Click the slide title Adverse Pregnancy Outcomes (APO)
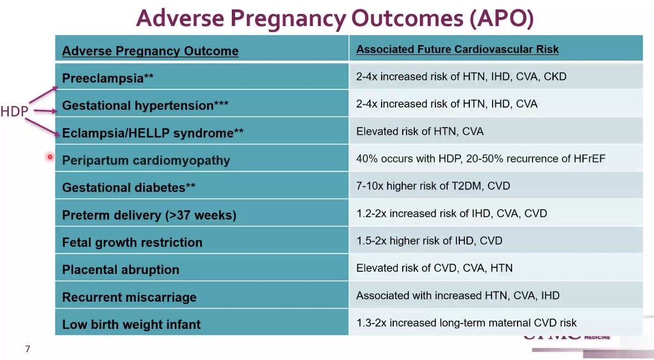tap(334, 19)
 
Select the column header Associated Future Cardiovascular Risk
tap(457, 49)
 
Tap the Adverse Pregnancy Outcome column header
tap(150, 51)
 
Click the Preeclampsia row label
tap(108, 78)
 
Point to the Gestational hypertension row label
tap(145, 105)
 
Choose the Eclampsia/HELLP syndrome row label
tap(153, 133)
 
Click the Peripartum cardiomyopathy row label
tap(146, 161)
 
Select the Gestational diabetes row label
tap(129, 187)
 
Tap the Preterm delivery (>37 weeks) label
tap(149, 215)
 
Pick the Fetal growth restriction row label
tap(132, 242)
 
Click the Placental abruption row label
tap(120, 270)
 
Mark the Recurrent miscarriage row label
tap(129, 297)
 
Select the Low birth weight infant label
tap(131, 324)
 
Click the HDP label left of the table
tap(14, 111)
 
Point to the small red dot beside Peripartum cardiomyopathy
tap(50, 157)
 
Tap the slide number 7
tap(28, 349)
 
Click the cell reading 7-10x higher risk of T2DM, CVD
tap(433, 186)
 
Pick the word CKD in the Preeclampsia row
tap(555, 77)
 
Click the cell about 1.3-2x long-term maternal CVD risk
tap(467, 323)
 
